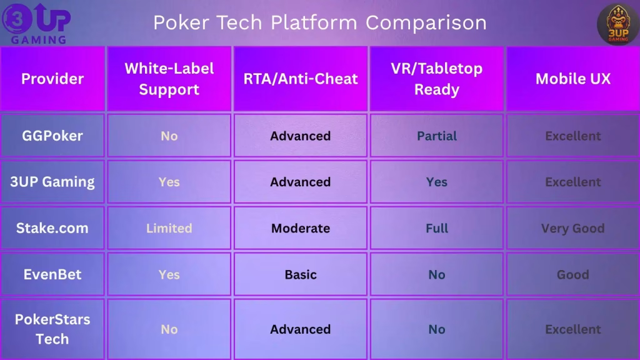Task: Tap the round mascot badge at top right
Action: point(617,24)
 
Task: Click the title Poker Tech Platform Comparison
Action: point(319,22)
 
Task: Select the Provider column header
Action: point(52,79)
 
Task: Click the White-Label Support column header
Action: point(169,79)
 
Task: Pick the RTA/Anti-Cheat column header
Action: point(301,79)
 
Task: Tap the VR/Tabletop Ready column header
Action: point(436,79)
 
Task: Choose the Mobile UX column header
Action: point(572,79)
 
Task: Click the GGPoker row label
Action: point(52,136)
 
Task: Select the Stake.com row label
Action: point(52,228)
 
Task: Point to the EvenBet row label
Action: point(52,274)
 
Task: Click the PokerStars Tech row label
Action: point(52,329)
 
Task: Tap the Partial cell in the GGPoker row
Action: point(436,136)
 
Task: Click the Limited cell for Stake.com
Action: point(169,228)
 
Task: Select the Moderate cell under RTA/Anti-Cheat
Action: point(301,228)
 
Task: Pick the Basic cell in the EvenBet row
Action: point(301,274)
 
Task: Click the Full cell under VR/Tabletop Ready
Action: point(436,228)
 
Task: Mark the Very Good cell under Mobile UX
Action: point(572,228)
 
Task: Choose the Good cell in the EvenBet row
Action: point(572,274)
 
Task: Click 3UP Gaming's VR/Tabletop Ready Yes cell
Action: point(436,182)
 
